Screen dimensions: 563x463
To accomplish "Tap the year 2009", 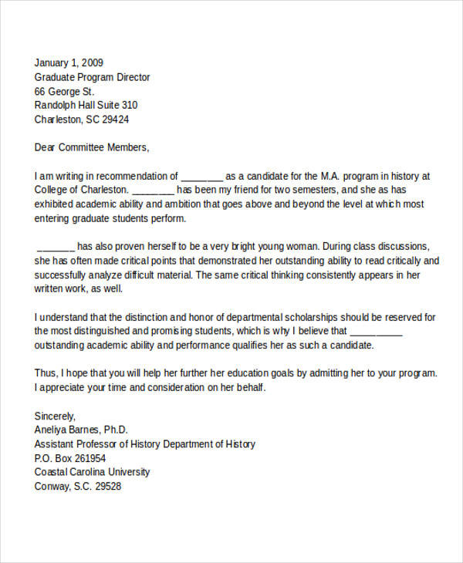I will point(90,63).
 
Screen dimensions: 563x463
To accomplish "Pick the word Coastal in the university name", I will point(52,472).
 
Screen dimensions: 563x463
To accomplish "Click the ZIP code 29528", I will point(106,487).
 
